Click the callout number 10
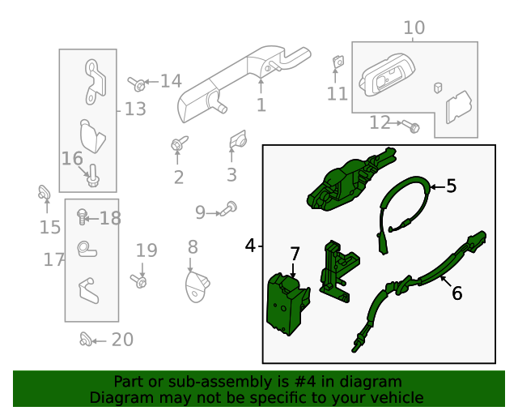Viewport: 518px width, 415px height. [413, 28]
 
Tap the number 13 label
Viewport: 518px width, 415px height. [135, 109]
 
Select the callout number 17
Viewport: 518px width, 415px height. [53, 260]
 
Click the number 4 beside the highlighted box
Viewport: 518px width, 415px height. [250, 245]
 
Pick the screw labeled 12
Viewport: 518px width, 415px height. [413, 126]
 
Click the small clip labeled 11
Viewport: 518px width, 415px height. [338, 62]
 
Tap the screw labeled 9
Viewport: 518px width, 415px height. [230, 207]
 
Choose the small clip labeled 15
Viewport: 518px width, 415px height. [45, 194]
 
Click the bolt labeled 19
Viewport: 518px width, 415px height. [140, 281]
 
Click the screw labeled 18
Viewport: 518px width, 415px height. [82, 216]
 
